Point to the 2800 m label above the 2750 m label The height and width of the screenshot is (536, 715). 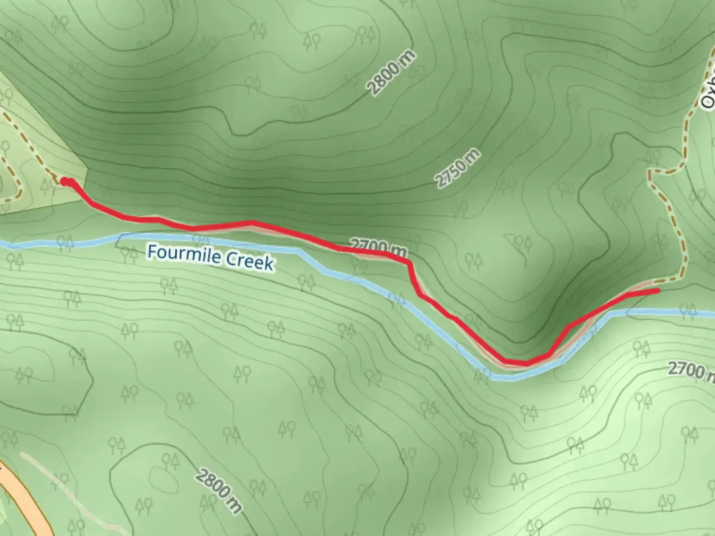[391, 72]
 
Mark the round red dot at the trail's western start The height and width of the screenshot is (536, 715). [65, 182]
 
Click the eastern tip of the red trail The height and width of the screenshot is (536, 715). [658, 291]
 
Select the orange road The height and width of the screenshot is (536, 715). [30, 501]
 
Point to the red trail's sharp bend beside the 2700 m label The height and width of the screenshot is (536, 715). [409, 262]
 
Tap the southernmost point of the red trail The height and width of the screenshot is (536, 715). [524, 363]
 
